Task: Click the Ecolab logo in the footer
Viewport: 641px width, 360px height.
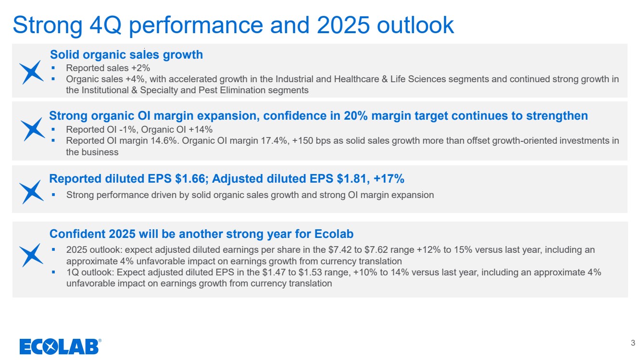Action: click(60, 347)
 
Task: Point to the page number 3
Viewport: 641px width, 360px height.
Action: click(633, 343)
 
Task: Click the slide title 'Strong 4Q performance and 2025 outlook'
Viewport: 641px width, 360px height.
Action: click(233, 25)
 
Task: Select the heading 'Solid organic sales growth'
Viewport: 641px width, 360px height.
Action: click(126, 55)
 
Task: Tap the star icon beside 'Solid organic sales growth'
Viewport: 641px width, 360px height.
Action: click(31, 72)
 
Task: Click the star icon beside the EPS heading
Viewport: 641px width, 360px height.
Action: click(31, 192)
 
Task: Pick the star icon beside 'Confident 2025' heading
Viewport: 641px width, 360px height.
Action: click(31, 255)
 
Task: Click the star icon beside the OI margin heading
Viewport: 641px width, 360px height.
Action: click(33, 129)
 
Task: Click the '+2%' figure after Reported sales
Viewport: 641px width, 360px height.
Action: click(140, 68)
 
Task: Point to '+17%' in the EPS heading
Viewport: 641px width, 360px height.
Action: click(389, 179)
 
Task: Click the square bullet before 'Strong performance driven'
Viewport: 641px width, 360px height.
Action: click(53, 195)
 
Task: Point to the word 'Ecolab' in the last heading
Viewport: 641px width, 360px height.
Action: click(334, 234)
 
